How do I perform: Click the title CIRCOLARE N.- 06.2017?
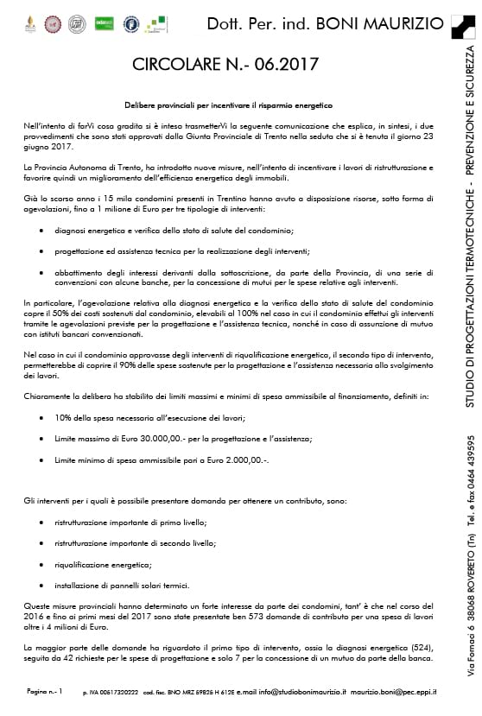pos(225,64)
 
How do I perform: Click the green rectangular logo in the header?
pos(105,22)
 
